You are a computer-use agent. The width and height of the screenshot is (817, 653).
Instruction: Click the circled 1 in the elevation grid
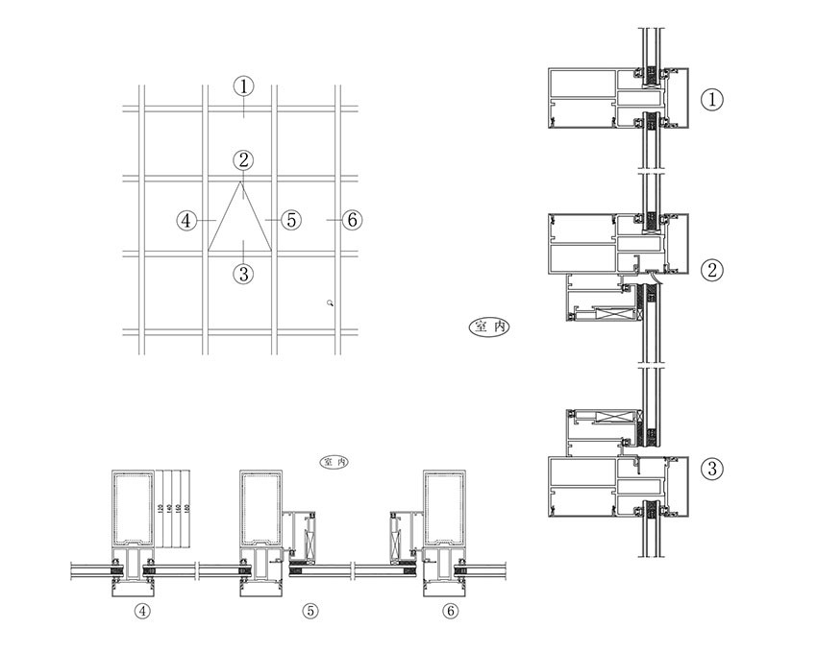[244, 86]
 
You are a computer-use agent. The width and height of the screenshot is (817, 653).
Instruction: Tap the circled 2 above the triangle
[244, 159]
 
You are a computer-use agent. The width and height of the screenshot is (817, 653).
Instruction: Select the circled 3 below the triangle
[244, 274]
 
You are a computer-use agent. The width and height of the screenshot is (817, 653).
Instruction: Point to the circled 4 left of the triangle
[187, 220]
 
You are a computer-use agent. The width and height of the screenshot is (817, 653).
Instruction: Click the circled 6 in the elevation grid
[352, 220]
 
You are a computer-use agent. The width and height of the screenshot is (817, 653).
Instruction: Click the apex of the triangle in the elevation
[241, 181]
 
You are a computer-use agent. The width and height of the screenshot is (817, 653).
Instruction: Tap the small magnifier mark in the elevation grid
[330, 302]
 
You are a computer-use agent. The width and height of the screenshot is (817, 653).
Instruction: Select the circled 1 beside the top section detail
[711, 99]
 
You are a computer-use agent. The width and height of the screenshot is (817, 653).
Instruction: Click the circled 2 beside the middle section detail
[711, 270]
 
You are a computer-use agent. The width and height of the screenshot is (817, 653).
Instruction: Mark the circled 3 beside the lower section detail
[711, 469]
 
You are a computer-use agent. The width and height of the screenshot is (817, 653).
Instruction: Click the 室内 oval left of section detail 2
[489, 327]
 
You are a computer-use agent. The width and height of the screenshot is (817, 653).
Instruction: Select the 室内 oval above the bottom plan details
[334, 463]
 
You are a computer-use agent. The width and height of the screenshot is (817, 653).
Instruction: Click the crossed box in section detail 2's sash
[612, 313]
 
